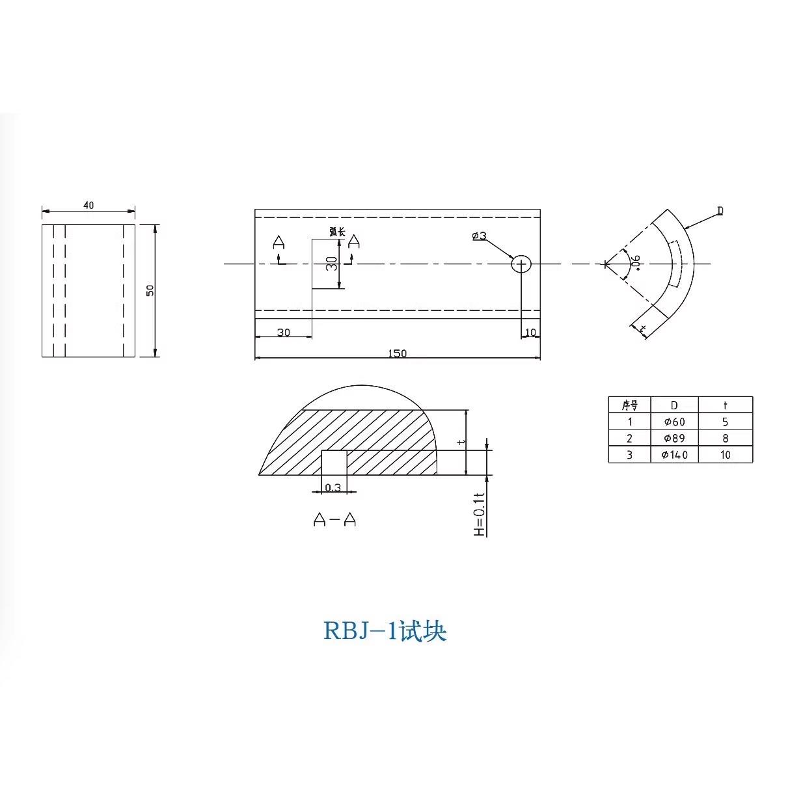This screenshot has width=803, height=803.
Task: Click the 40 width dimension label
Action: click(x=88, y=205)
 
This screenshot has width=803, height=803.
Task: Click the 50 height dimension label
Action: click(x=150, y=290)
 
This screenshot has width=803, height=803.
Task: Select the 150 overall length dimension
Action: click(x=397, y=353)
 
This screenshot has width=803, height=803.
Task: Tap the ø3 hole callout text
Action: click(x=479, y=236)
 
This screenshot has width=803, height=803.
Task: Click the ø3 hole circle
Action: click(x=521, y=264)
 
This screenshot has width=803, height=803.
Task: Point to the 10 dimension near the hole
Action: click(x=530, y=333)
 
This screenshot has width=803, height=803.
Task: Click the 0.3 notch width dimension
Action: click(x=333, y=487)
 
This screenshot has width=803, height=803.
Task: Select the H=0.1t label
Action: click(x=480, y=513)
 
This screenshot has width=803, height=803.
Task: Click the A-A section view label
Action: click(x=334, y=519)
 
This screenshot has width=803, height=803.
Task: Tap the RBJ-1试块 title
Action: click(x=385, y=631)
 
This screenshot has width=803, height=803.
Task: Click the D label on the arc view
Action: click(x=720, y=211)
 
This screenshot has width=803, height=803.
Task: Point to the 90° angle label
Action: click(x=636, y=262)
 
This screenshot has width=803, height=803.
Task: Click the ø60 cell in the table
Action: click(x=674, y=422)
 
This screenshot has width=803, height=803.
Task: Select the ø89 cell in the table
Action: click(x=674, y=438)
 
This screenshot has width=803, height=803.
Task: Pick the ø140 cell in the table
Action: click(x=674, y=455)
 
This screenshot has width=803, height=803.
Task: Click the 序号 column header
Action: click(x=629, y=405)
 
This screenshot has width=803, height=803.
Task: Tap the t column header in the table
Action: click(x=725, y=405)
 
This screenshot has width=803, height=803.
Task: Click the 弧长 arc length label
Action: click(x=336, y=231)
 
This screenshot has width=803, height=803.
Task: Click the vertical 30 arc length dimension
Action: click(x=332, y=264)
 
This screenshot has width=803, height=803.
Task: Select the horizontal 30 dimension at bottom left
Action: click(x=284, y=333)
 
